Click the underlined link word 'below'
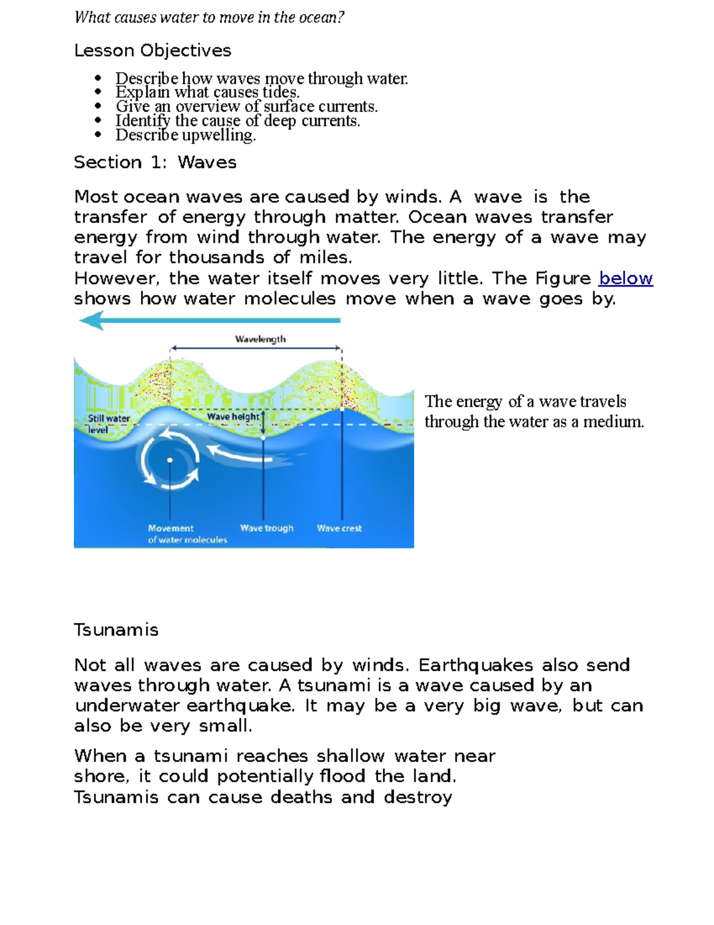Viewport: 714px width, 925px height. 625,278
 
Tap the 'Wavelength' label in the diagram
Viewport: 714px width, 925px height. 260,339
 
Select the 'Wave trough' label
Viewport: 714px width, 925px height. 267,528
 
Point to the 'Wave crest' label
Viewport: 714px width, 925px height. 339,528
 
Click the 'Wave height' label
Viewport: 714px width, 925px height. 233,416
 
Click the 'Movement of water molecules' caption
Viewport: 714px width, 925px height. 187,534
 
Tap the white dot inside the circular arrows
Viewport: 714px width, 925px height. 170,460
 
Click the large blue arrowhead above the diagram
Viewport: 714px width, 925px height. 92,321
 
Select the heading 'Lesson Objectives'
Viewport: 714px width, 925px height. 152,51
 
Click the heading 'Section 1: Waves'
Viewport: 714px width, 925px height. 155,162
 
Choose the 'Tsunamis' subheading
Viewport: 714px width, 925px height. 116,630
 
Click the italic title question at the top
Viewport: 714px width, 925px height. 209,17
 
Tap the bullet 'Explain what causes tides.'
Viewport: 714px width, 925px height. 207,92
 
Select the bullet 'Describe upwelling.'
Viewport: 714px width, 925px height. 186,135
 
